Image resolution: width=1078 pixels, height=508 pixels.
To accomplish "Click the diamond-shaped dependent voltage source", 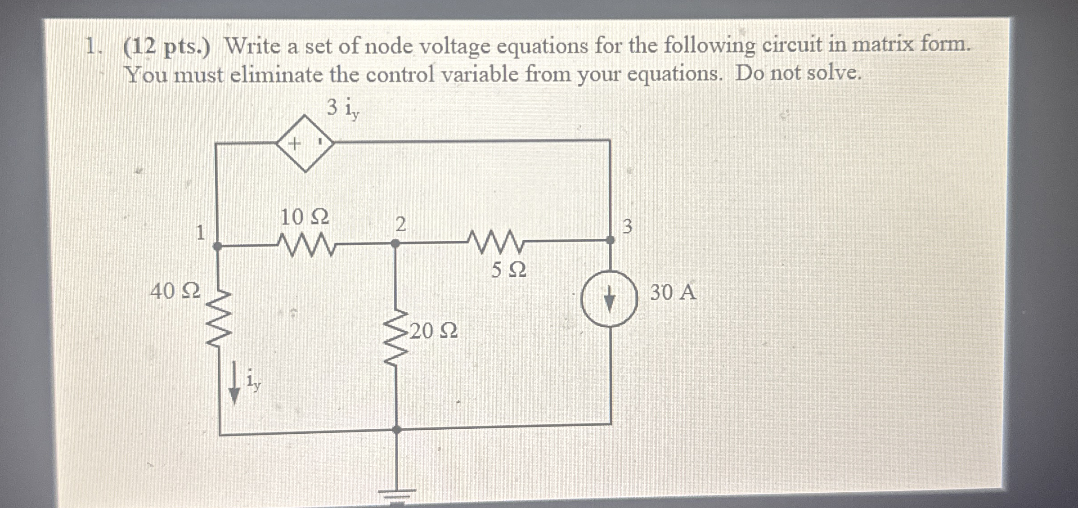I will tap(305, 144).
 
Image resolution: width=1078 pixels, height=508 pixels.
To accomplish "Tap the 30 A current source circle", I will tap(609, 299).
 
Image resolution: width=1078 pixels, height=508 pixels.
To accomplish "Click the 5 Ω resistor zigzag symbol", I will tap(495, 242).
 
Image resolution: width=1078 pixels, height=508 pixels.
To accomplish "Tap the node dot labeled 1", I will tap(217, 246).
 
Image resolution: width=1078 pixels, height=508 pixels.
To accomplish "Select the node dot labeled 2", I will tap(395, 243).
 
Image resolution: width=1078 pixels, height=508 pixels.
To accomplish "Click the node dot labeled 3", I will tap(610, 240).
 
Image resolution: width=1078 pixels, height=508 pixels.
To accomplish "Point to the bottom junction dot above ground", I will tap(396, 430).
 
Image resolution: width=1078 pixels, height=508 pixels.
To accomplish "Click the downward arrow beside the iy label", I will tap(234, 384).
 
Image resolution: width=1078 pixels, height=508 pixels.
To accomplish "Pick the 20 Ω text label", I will tap(434, 332).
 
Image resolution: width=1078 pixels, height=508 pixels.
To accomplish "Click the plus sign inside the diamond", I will tap(294, 144).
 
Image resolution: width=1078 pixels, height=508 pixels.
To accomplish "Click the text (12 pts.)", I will tap(166, 47).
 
